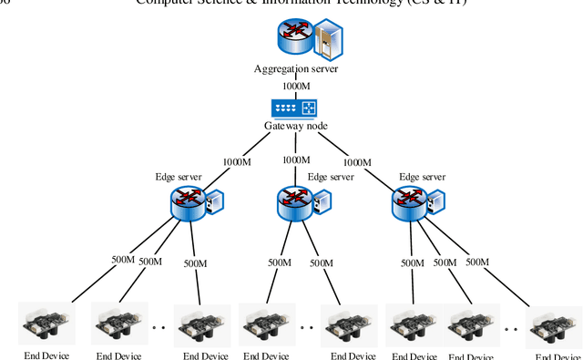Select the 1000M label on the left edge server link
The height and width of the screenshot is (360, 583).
pyautogui.click(x=237, y=162)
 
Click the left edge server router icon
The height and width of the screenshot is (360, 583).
pyautogui.click(x=188, y=203)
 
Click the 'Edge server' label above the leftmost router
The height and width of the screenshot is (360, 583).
pyautogui.click(x=178, y=177)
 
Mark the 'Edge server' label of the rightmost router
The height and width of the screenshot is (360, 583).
pyautogui.click(x=423, y=177)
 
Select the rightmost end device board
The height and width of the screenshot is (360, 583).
pyautogui.click(x=554, y=326)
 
